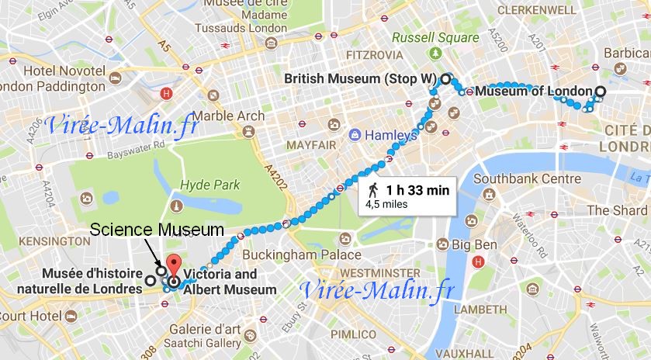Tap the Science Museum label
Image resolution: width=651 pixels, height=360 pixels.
(x=157, y=230)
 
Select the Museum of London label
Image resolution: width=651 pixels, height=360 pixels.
(x=533, y=92)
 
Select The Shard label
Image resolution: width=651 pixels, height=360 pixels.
(x=618, y=210)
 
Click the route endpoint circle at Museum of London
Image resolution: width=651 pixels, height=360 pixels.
(x=599, y=92)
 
